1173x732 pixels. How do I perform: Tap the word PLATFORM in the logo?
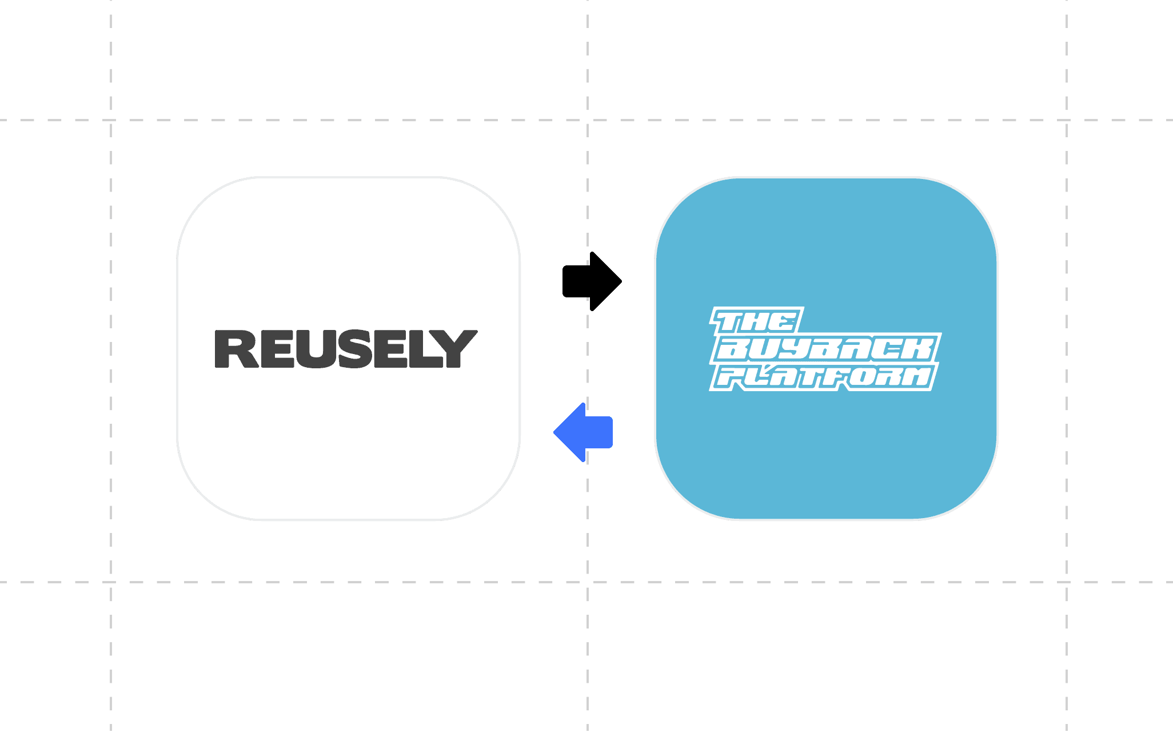(x=823, y=377)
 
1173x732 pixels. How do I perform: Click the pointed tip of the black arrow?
(x=621, y=281)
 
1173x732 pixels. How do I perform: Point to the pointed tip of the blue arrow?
(x=554, y=432)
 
